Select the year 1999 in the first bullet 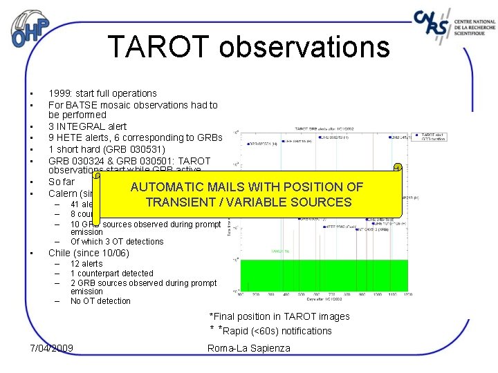(x=59, y=93)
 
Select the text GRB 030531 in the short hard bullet (x=136, y=149)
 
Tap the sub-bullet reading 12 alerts (x=86, y=264)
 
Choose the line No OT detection (x=100, y=300)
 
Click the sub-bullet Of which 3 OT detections (x=117, y=242)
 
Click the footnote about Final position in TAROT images (x=279, y=316)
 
